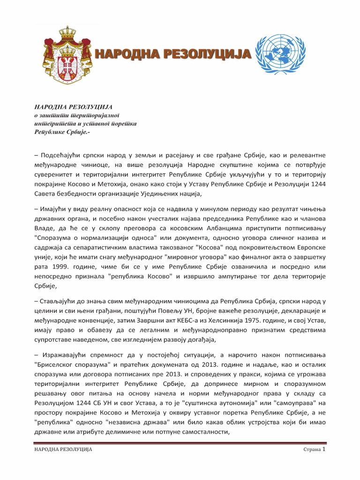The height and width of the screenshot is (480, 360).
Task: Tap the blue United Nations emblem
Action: point(284,55)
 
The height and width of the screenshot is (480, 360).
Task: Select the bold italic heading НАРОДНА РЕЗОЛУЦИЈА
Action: point(74,107)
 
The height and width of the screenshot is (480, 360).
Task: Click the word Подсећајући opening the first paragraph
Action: point(65,154)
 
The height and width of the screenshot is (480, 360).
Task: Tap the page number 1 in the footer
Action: point(324,449)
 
